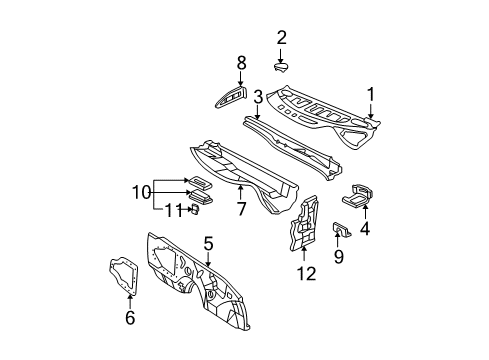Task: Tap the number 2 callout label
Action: point(281,38)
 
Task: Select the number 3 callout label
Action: point(257,97)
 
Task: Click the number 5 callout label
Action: point(208,243)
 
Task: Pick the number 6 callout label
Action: point(129,318)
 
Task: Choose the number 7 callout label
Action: point(240,209)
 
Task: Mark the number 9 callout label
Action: point(337,256)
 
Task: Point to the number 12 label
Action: point(306,273)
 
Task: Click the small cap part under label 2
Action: point(281,68)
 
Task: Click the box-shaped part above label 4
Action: point(360,194)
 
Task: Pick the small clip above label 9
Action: point(340,231)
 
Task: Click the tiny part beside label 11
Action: point(192,209)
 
